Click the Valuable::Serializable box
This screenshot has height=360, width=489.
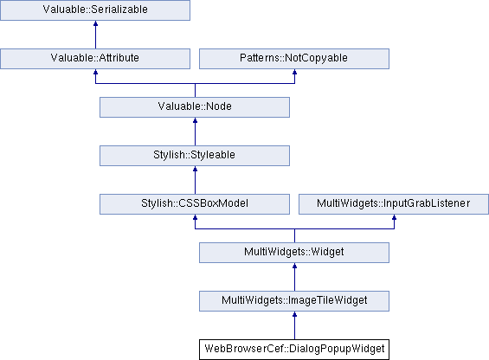coord(95,10)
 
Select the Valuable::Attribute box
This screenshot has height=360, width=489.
coord(95,59)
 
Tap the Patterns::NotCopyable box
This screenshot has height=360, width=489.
coord(294,59)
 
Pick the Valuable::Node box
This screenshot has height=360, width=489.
coord(195,107)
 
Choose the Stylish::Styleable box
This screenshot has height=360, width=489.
coord(195,156)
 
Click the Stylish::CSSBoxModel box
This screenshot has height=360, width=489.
coord(195,204)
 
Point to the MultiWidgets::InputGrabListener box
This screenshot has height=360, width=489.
coord(394,204)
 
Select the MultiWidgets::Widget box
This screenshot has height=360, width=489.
coord(294,253)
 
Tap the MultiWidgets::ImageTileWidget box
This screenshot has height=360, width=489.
coord(294,301)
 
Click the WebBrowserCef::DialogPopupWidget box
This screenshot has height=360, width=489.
coord(294,350)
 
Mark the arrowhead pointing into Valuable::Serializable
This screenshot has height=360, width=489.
coord(95,23)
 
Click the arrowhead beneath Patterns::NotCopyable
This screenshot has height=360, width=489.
coord(294,72)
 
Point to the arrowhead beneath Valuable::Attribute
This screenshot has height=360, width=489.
coord(95,72)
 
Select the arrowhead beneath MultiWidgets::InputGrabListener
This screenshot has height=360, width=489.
coord(394,217)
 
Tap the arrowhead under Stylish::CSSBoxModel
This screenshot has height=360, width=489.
coord(195,217)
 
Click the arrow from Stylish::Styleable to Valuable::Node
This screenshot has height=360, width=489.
coord(195,132)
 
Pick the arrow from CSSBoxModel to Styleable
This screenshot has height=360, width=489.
coord(195,180)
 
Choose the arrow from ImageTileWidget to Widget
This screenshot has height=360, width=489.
coord(294,277)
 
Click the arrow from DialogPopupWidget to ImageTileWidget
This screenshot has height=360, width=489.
coord(294,325)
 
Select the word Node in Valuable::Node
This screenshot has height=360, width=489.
coord(219,106)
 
